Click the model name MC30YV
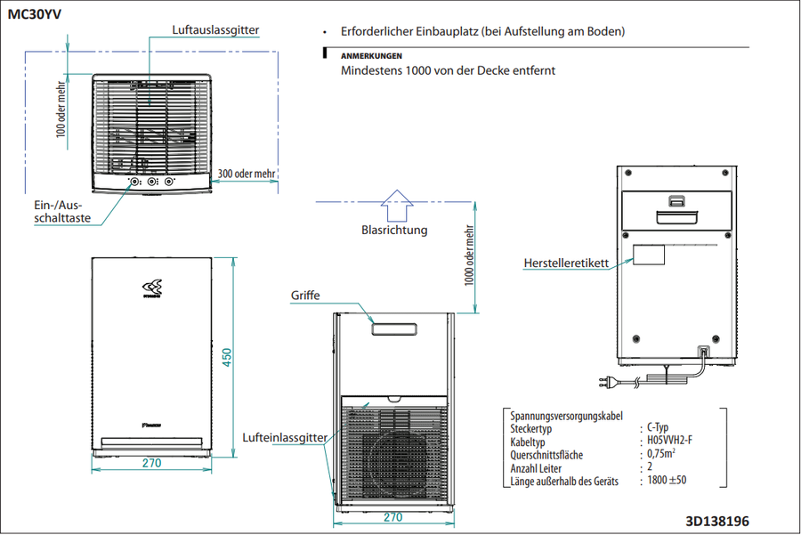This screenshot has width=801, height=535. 34,14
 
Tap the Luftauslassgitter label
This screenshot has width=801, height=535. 215,29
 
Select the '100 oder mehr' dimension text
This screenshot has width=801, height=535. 61,109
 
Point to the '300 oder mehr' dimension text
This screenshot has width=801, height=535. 247,174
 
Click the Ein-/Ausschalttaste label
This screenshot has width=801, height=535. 62,212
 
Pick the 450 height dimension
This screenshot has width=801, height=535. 227,357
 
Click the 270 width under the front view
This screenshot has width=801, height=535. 151,463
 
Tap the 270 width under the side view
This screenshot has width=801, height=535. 392,517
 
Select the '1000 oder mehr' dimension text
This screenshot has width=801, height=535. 469,255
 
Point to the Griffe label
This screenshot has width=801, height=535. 305,296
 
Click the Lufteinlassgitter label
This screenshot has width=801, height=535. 285,437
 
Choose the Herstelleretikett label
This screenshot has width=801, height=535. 566,263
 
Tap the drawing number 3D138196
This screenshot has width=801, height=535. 717,522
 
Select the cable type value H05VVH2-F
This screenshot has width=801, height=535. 669,440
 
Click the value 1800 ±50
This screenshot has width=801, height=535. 667,480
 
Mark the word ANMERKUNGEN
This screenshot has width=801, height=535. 371,56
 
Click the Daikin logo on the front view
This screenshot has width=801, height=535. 151,288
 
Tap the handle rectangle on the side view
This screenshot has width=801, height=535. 394,329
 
